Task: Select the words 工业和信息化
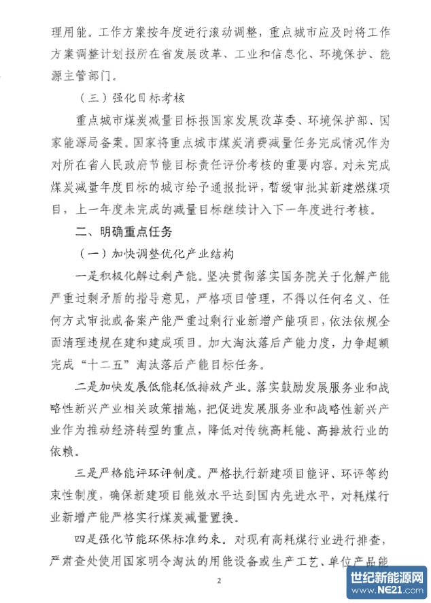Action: tap(258, 54)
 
